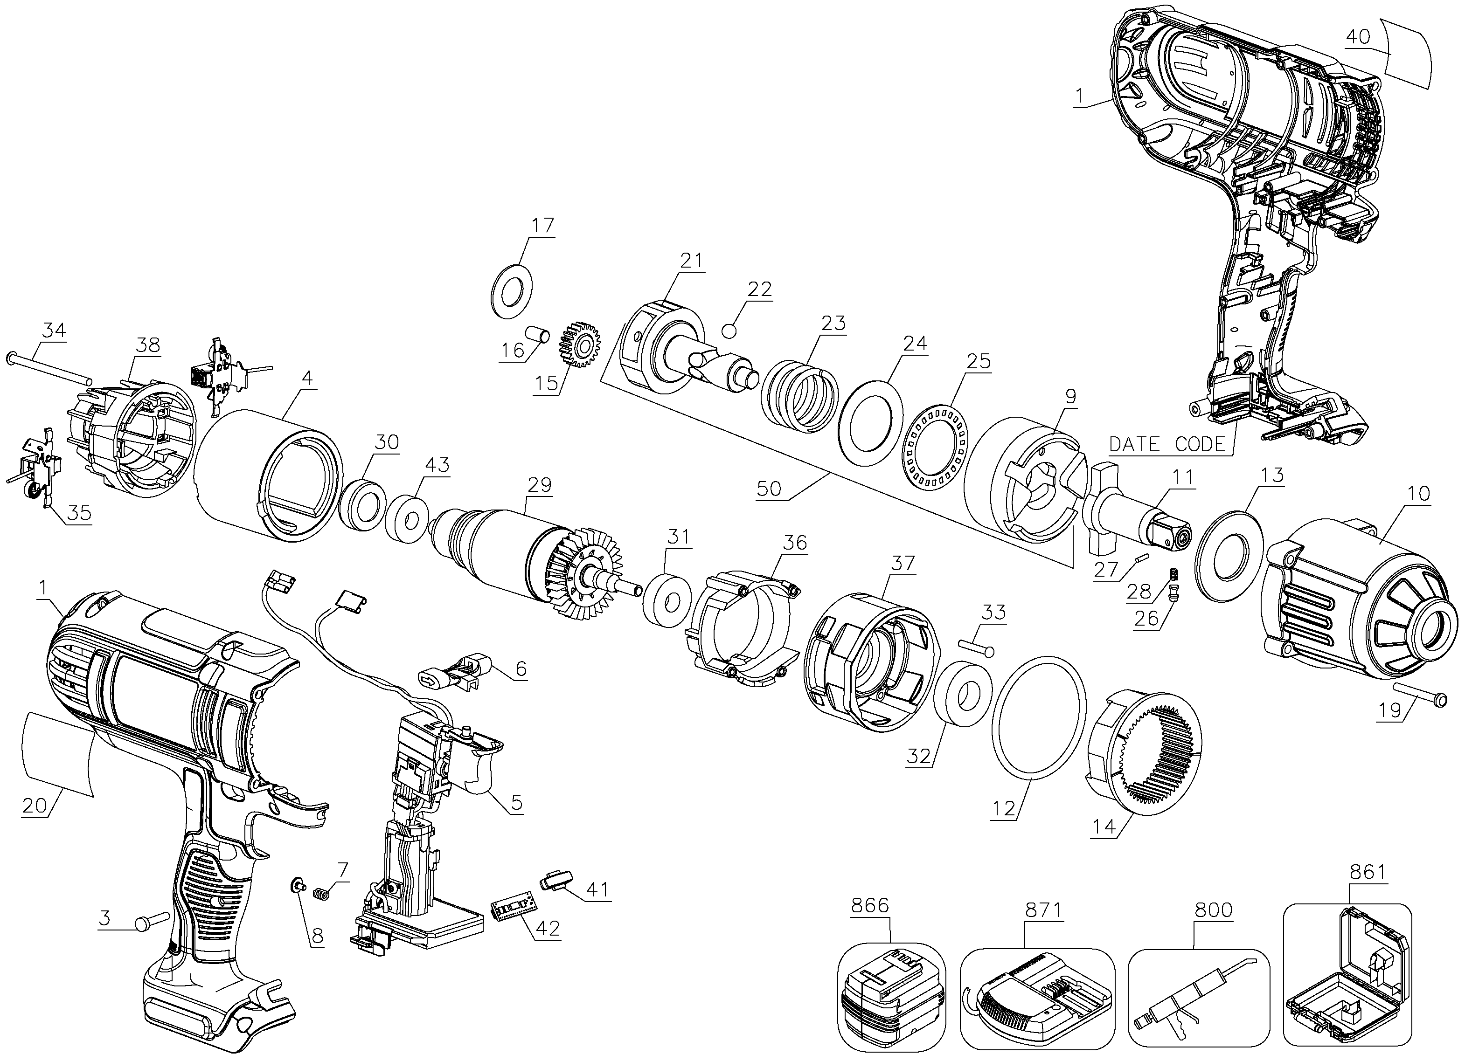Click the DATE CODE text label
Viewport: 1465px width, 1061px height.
point(1166,444)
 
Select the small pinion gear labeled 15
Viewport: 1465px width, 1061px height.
point(579,347)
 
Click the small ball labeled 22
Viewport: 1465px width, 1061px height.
point(730,331)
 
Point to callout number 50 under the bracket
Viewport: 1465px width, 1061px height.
point(769,489)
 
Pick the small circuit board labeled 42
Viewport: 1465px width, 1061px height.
point(515,910)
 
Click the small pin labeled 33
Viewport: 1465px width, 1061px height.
point(975,647)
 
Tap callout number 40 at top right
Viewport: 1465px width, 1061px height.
point(1358,37)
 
